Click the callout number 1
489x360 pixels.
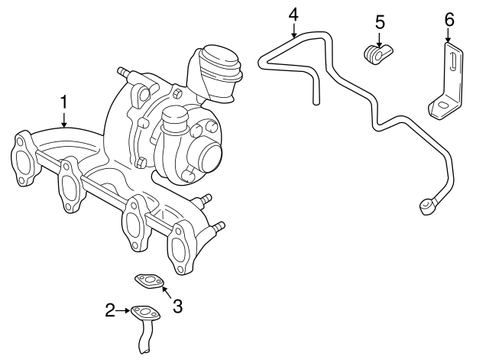coord(64,102)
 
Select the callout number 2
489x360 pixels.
coord(110,310)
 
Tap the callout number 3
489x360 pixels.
coord(177,306)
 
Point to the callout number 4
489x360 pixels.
coord(293,14)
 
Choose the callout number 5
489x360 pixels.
coord(380,21)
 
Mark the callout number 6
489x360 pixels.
coord(449,18)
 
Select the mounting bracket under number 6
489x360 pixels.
coord(446,88)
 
